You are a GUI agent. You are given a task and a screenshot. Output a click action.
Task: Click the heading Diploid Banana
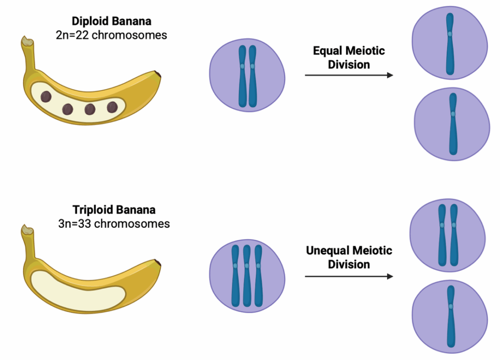pos(111,21)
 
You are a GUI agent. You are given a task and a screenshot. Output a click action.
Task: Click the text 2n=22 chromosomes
pos(111,35)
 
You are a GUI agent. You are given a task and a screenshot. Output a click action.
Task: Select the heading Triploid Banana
pos(114,210)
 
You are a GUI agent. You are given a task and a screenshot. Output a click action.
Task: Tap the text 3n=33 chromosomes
pos(114,224)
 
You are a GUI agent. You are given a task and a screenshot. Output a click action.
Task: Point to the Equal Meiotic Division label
pos(349,58)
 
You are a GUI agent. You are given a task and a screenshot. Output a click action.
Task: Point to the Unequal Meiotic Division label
pos(349,257)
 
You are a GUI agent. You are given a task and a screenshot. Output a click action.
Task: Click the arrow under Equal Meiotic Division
pos(349,75)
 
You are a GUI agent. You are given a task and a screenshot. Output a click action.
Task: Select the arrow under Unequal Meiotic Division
pos(349,277)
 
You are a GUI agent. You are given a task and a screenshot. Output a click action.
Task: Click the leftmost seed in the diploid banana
pos(46,97)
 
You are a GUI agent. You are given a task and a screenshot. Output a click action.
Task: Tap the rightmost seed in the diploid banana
pos(112,107)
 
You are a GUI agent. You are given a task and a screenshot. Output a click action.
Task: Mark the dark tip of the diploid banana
pos(158,74)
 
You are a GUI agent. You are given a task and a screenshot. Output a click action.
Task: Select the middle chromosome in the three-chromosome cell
pos(247,276)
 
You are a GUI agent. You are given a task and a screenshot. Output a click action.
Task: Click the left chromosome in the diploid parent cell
pos(242,76)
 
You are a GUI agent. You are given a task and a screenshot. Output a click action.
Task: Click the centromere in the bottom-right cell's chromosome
pos(451,306)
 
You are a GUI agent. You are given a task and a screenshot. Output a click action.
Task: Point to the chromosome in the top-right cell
pos(450,44)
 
